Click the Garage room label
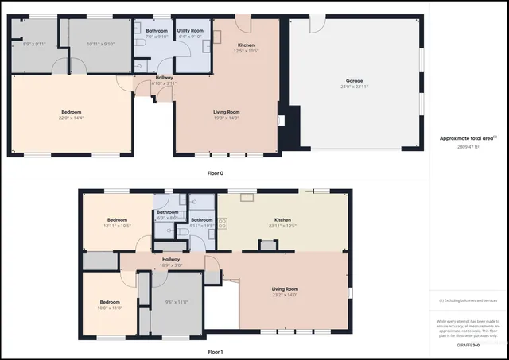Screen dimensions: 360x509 pyautogui.click(x=353, y=80)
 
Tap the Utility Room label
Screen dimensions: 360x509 pyautogui.click(x=191, y=30)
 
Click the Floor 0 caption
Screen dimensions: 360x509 pyautogui.click(x=215, y=172)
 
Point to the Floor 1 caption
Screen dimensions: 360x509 pyautogui.click(x=215, y=350)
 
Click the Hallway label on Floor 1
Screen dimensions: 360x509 pyautogui.click(x=171, y=259)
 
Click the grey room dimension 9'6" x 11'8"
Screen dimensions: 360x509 pyautogui.click(x=176, y=302)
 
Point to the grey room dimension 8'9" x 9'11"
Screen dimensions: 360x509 pyautogui.click(x=35, y=44)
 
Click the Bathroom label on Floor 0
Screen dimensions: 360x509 pyautogui.click(x=156, y=30)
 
